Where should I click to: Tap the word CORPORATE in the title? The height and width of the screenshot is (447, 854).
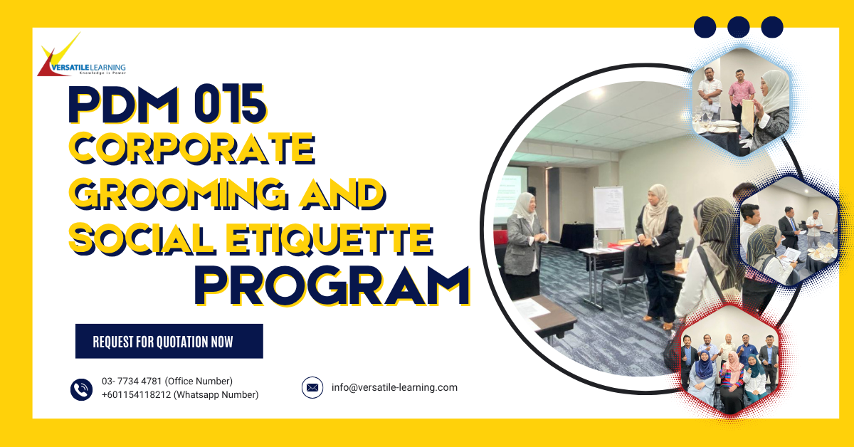point(191,151)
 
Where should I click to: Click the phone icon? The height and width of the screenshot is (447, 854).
point(82,389)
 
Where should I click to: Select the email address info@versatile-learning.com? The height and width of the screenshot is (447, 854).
point(394,388)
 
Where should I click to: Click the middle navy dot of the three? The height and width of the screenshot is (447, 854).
point(739,27)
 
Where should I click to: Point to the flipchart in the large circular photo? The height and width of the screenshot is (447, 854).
point(608,208)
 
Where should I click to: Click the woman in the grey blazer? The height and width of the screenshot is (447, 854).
point(525,242)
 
